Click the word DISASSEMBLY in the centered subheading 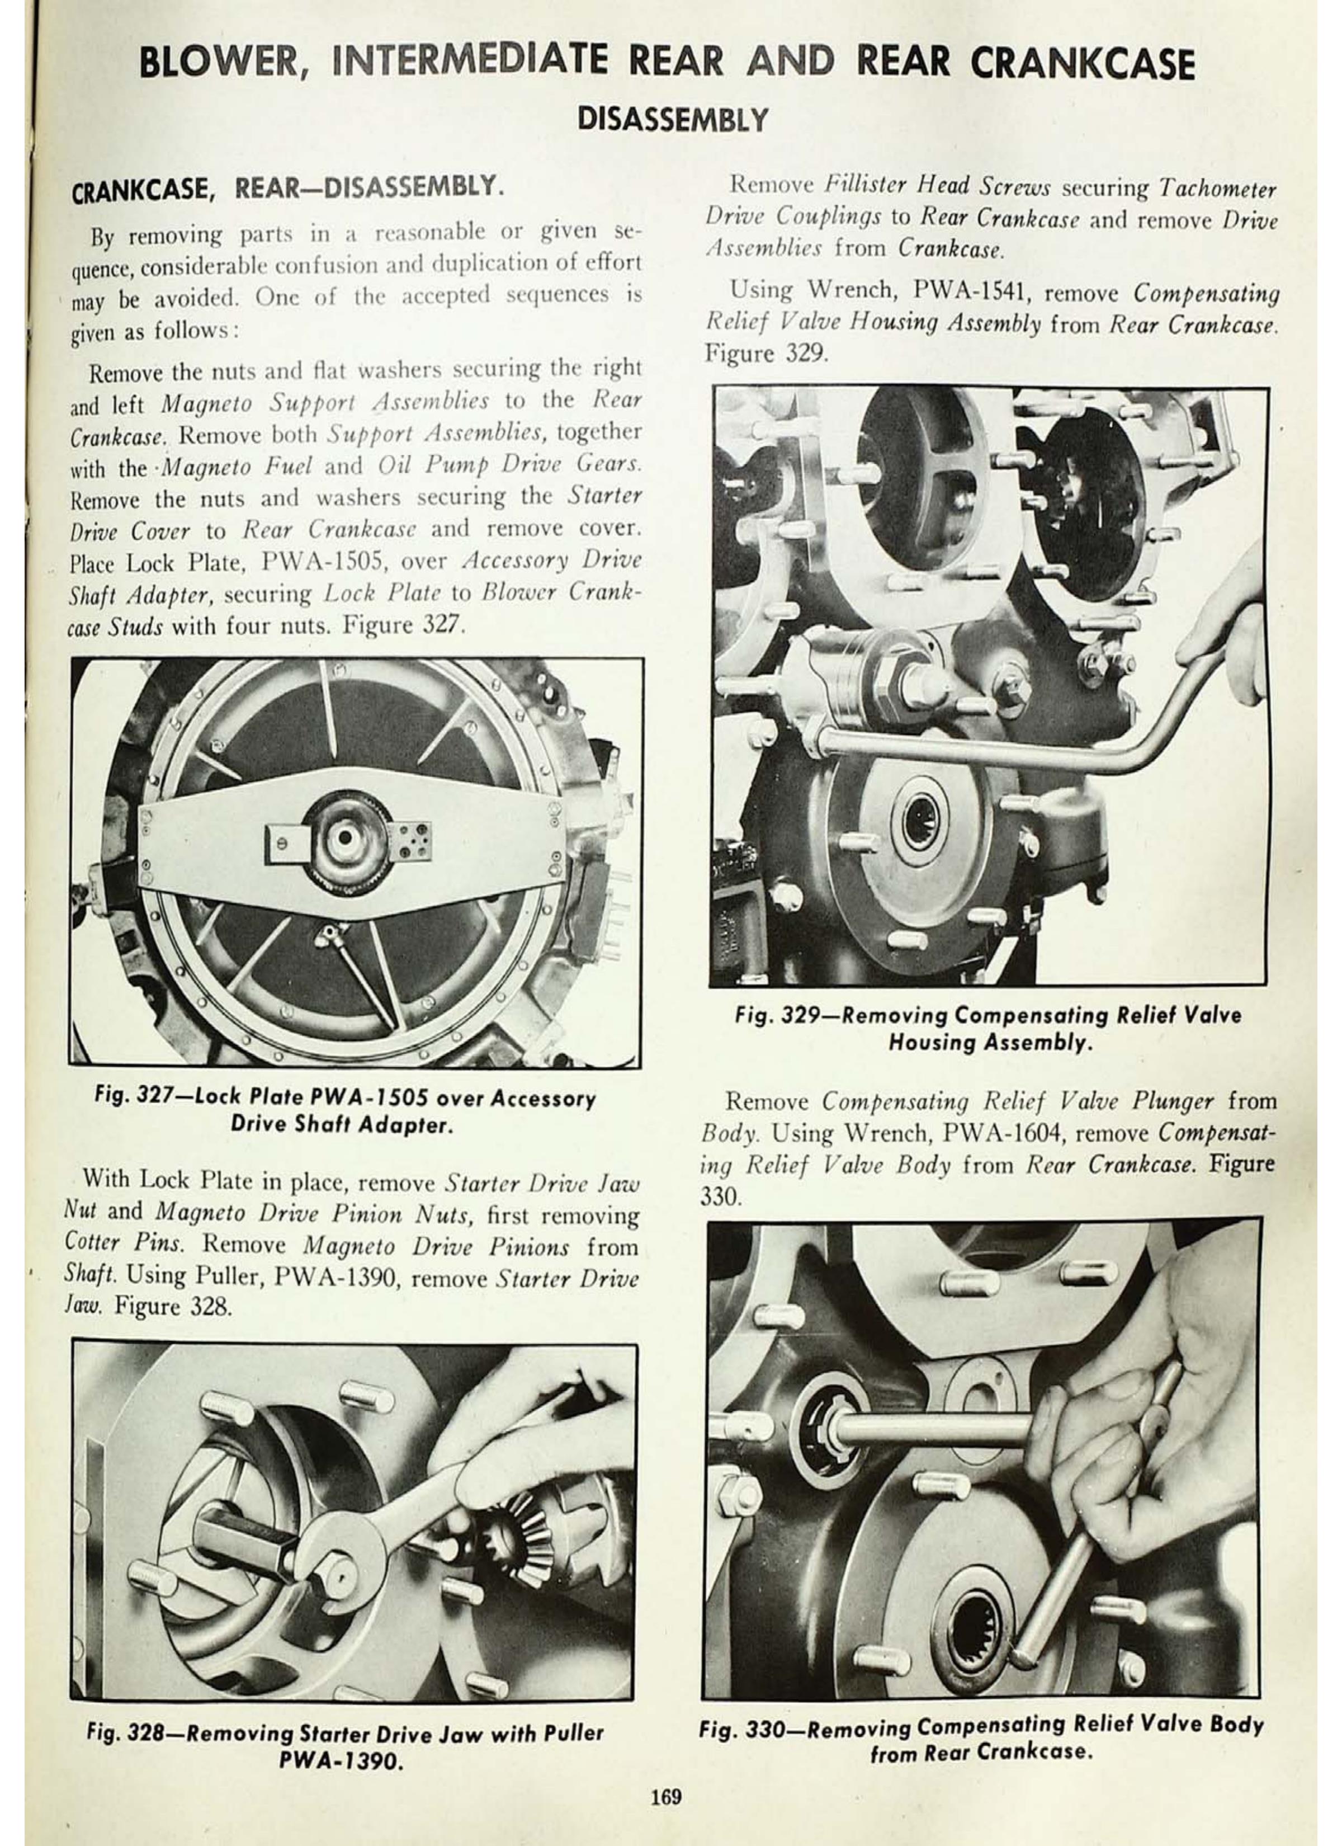point(672,120)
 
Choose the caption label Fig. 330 point(740,1726)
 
